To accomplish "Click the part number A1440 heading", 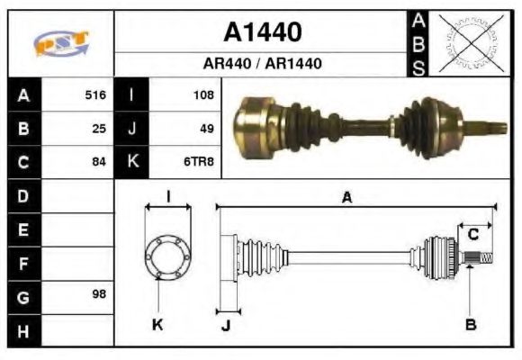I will click(262, 33).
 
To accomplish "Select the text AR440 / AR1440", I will click(262, 65).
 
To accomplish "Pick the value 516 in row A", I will click(94, 94).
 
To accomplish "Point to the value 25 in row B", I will click(99, 129).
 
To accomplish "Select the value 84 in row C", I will click(99, 163).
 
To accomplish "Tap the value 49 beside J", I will click(206, 129).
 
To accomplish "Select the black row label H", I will click(23, 330).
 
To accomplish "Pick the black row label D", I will click(23, 195).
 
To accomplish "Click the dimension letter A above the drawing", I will click(346, 198).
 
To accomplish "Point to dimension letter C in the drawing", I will click(472, 235).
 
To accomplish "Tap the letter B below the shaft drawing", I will click(470, 324).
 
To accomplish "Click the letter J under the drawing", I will click(226, 325).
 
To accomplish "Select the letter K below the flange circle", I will click(157, 324).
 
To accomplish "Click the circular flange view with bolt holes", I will click(168, 257).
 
